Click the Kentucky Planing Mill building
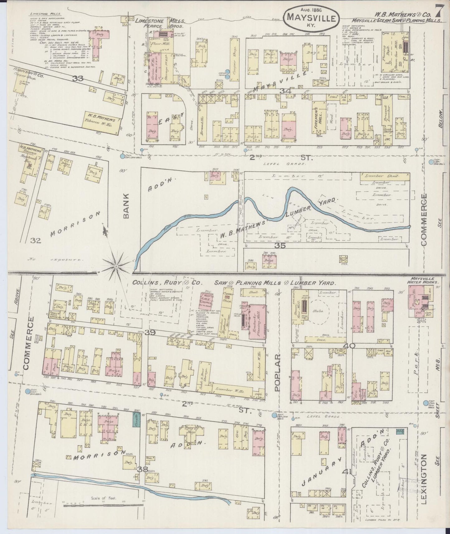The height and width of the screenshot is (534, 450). pyautogui.click(x=257, y=322)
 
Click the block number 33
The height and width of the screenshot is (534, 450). pyautogui.click(x=78, y=79)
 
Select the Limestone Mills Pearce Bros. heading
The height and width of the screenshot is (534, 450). pyautogui.click(x=160, y=23)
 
